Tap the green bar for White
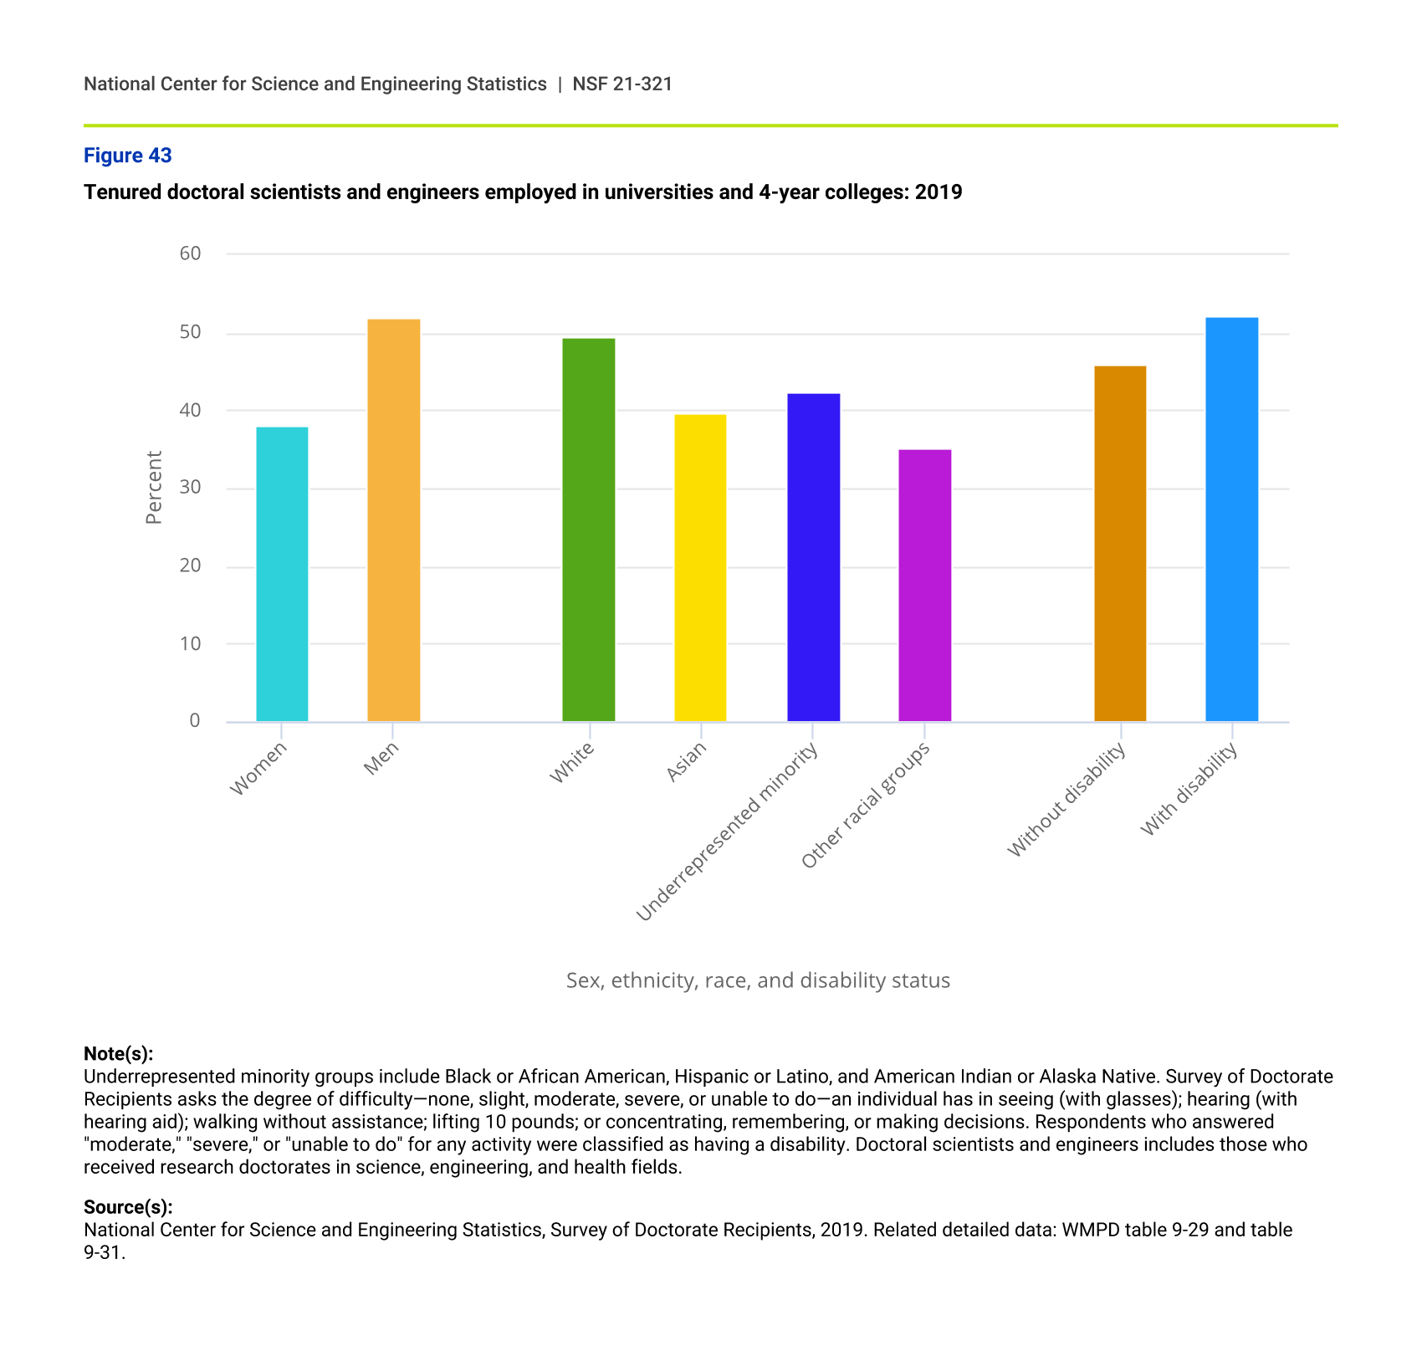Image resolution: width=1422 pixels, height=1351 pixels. click(589, 530)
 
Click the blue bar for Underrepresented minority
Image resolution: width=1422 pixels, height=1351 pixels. click(813, 557)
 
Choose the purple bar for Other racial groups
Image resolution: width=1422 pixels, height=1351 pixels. click(924, 585)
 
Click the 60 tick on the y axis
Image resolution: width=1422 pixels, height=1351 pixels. click(191, 253)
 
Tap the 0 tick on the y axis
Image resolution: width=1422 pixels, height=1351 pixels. click(195, 721)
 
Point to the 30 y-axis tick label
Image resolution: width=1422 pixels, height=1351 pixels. click(191, 488)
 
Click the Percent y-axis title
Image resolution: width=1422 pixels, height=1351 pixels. click(154, 488)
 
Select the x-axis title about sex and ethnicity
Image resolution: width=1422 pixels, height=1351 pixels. click(758, 980)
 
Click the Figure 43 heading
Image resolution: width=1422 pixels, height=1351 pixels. click(128, 156)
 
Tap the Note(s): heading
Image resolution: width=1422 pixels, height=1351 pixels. click(119, 1053)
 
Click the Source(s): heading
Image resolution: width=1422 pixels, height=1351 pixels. click(128, 1207)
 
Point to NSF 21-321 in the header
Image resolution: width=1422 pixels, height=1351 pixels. click(622, 84)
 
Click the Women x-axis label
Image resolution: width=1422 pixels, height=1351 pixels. click(258, 769)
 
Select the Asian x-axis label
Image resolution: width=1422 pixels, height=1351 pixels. click(687, 762)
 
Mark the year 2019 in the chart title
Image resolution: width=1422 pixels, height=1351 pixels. click(939, 192)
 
